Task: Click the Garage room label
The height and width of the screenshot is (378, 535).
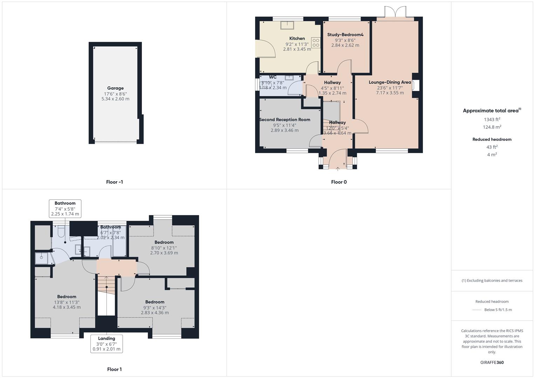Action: coord(115,88)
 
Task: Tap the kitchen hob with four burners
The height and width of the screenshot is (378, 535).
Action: coord(316,43)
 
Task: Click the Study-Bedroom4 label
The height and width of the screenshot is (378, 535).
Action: coord(345,35)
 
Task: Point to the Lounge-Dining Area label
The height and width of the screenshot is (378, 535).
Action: coord(390,82)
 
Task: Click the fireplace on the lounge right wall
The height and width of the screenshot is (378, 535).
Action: coord(416,85)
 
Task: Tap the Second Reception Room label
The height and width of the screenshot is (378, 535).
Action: coord(284,120)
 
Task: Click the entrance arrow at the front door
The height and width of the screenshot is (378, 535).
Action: coord(338,169)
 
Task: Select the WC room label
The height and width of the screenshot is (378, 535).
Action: coord(273,77)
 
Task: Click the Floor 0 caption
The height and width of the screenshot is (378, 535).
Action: coord(338,182)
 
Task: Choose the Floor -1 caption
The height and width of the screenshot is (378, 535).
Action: coord(114,182)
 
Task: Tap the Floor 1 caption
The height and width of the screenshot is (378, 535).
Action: coord(114,369)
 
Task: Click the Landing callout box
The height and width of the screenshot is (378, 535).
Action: coord(107,344)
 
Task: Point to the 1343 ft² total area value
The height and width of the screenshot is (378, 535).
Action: coord(492,119)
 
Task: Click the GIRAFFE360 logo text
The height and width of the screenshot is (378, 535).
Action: coord(492,362)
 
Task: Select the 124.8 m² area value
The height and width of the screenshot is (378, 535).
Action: coord(492,127)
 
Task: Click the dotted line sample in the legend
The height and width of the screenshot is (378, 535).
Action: coord(477,310)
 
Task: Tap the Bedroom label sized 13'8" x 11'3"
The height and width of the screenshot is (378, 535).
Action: coord(67,297)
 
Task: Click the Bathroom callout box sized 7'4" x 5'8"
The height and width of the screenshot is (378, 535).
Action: coord(65,209)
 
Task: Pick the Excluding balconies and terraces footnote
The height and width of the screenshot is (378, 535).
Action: coord(492,280)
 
